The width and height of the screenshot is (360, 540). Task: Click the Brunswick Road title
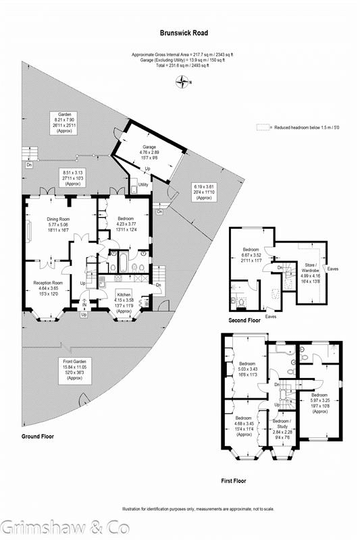click(x=184, y=32)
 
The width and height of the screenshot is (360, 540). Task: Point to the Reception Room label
click(x=48, y=283)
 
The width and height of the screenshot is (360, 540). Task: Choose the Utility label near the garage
click(x=143, y=184)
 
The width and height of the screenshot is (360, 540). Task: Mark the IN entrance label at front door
click(x=84, y=306)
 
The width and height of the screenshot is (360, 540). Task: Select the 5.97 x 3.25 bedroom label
click(x=317, y=399)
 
